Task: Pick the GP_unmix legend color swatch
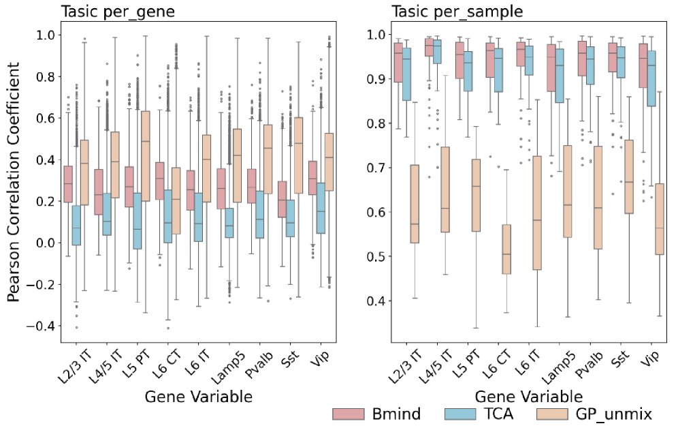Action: pos(553,414)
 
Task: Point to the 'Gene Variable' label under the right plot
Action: pos(528,396)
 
